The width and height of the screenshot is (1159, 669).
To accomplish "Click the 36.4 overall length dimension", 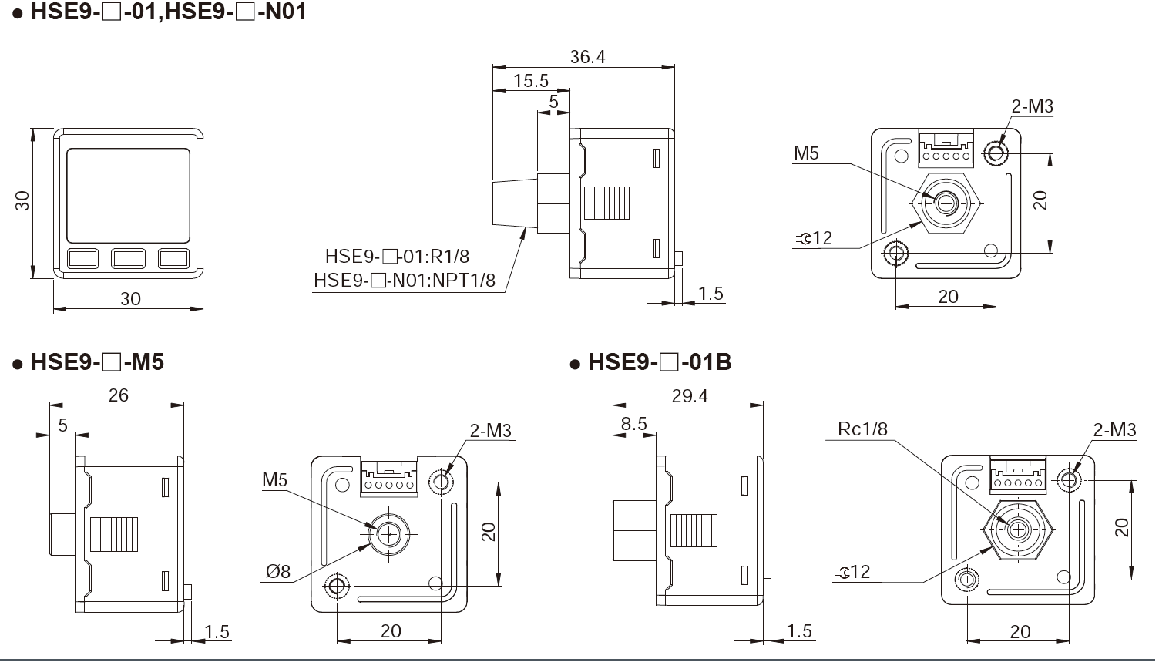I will coord(587,56).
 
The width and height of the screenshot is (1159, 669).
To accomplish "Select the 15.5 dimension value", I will coord(530,81).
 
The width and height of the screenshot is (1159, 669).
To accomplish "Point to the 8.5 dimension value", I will coord(633,423).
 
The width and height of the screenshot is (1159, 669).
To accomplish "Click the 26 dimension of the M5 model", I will coord(118,395).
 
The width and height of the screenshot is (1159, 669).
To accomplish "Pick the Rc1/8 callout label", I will coord(862,429).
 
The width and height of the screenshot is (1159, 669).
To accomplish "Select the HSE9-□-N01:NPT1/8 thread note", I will coord(405,280).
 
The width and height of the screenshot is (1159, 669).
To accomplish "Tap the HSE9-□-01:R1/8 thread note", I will coord(397,256).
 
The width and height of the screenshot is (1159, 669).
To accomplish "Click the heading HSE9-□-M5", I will coord(96,361).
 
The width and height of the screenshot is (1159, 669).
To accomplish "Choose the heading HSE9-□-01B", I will coord(659,361).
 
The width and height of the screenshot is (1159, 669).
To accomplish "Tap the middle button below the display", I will coord(128,257).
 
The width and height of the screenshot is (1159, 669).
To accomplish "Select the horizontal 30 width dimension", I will coord(130,298).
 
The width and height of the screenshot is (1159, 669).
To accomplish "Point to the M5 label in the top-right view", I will coord(806,153).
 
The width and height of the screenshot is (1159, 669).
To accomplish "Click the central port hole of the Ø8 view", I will coord(389,533).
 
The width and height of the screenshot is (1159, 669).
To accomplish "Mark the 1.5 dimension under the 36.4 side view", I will coord(711,293).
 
